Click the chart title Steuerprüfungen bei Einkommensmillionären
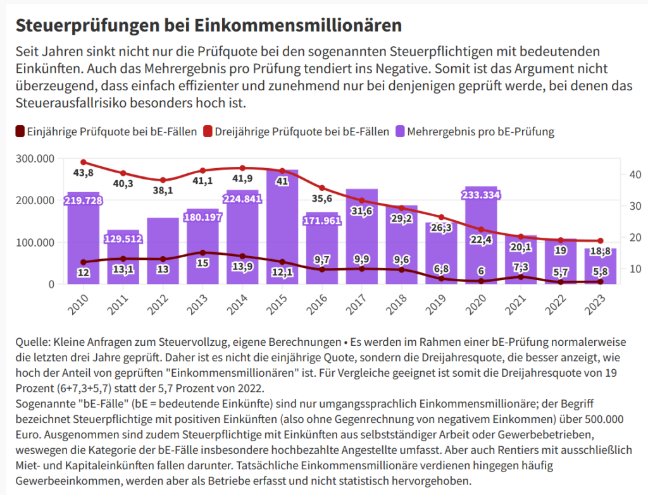[209, 25]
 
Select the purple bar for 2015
[282, 228]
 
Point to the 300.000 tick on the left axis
[35, 158]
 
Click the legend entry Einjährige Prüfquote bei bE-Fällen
[105, 131]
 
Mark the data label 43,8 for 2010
[84, 173]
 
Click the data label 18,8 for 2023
[601, 252]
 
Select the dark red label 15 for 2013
[202, 263]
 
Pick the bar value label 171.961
[322, 221]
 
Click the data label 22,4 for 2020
[481, 239]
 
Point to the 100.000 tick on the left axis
[35, 242]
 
